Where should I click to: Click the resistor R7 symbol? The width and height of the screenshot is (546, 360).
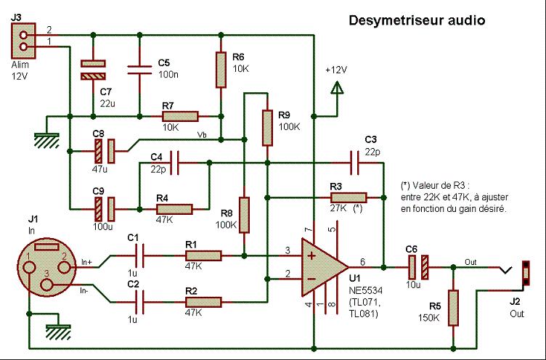coord(180,116)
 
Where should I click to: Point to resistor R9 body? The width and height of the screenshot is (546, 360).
coord(267,126)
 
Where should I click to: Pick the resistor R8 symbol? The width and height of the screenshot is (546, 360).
coord(245,216)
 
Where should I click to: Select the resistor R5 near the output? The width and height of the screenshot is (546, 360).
coord(454,307)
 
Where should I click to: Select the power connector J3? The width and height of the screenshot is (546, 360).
coord(24,41)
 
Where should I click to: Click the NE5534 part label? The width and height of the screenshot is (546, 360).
coord(363,288)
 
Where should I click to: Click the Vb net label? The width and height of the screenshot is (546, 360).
coord(201,134)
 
